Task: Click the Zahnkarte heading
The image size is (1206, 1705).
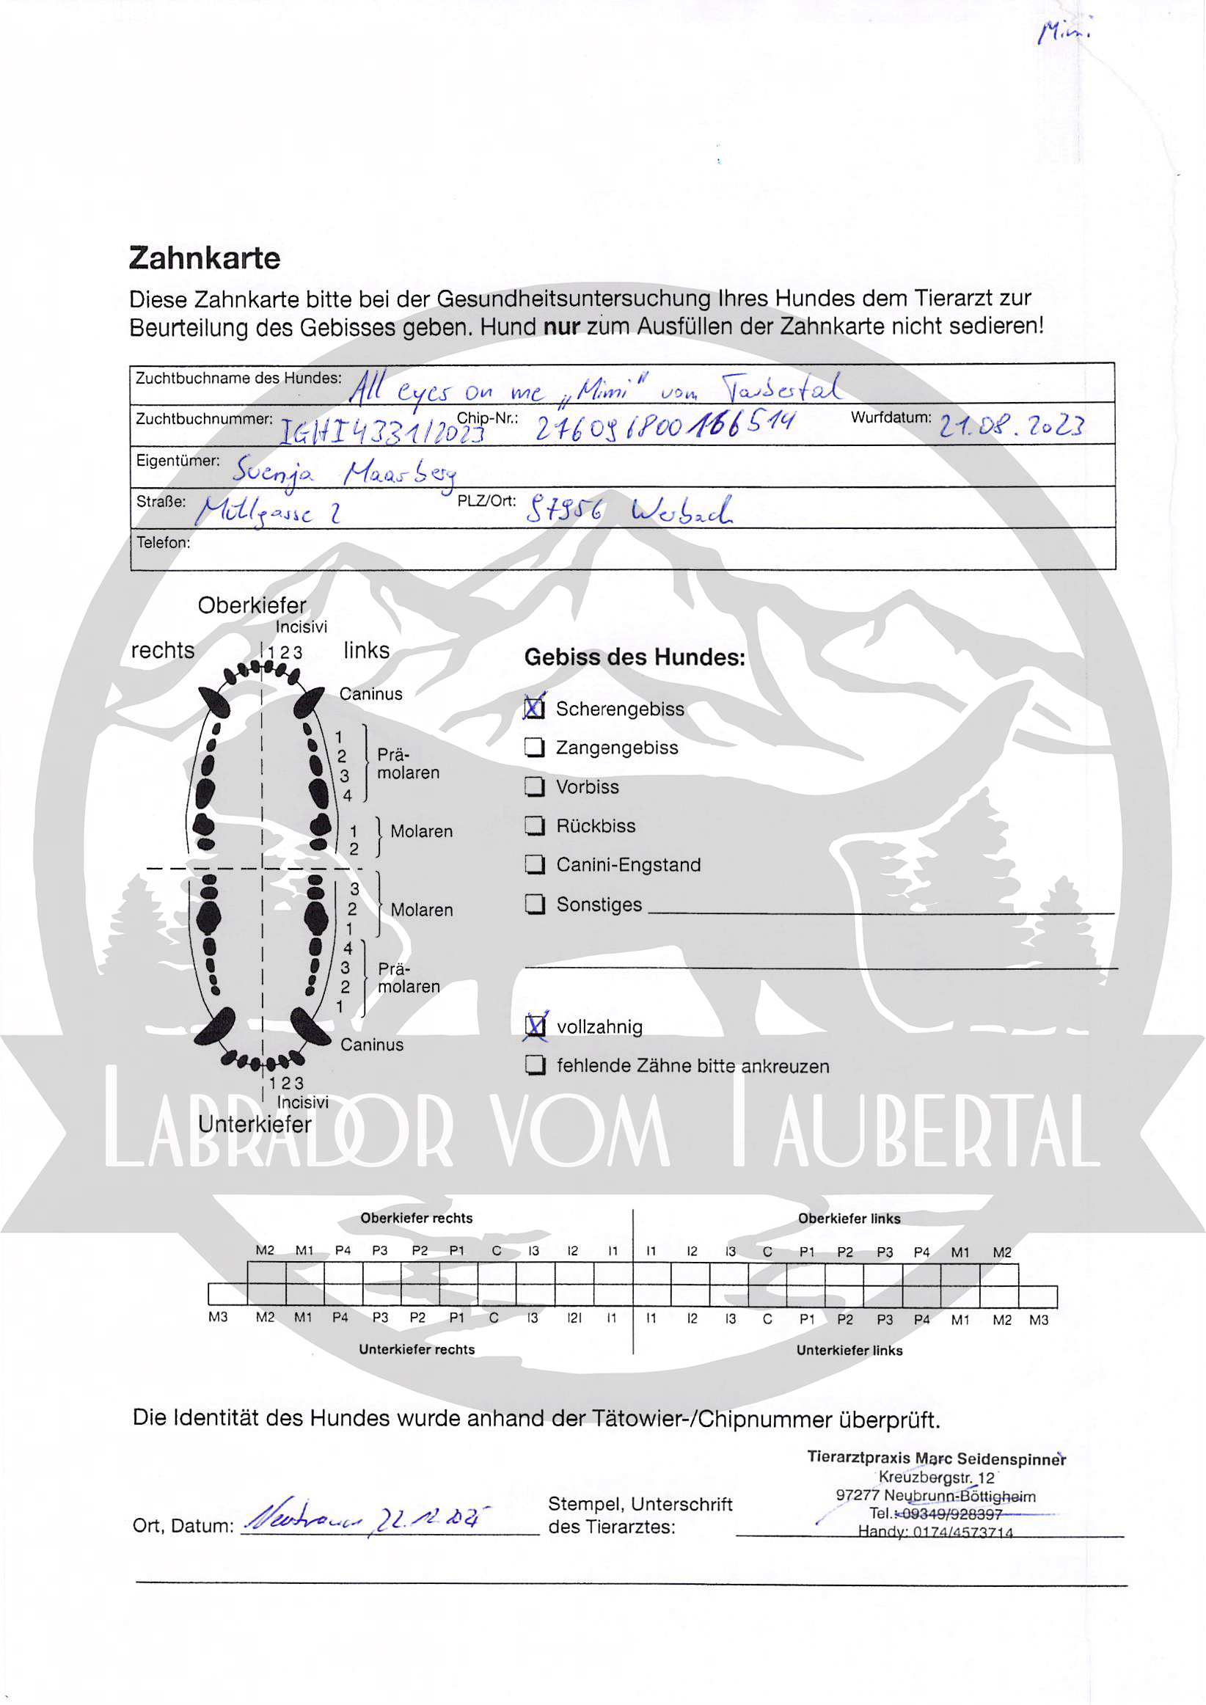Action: (204, 258)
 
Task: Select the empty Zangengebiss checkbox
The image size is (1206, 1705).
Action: (535, 747)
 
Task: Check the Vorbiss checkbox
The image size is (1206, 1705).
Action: (535, 786)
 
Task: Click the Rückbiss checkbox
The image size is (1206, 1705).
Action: (535, 826)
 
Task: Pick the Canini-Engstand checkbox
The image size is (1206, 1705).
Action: (535, 864)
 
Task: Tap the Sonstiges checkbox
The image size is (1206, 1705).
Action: (535, 904)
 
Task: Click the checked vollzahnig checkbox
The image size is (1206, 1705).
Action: (535, 1026)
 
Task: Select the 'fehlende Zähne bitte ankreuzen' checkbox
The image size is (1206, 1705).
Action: (535, 1065)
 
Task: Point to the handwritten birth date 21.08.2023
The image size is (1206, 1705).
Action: (1012, 426)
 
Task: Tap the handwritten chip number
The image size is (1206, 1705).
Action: (665, 426)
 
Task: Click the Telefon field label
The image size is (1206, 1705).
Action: (163, 543)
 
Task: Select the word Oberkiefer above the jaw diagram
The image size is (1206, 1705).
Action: (252, 605)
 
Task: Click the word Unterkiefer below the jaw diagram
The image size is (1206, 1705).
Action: (254, 1124)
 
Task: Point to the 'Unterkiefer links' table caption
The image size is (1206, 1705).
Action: (849, 1350)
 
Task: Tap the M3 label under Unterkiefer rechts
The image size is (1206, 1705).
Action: (218, 1318)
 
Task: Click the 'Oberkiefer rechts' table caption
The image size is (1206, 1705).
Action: (416, 1218)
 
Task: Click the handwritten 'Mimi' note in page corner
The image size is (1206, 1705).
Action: (1064, 32)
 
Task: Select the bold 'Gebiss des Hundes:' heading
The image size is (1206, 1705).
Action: (635, 657)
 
